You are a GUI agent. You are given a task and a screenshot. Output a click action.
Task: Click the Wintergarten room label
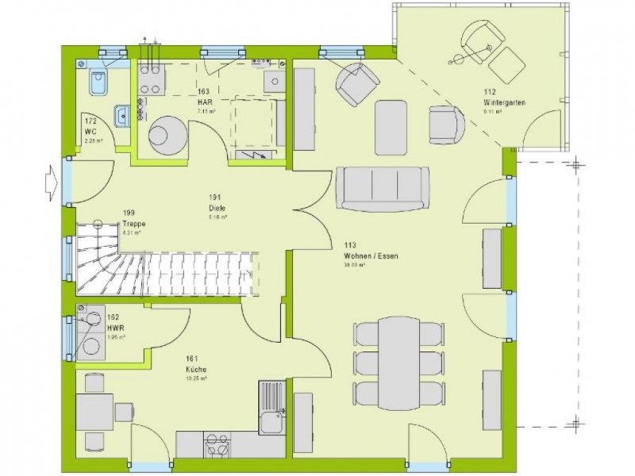tap(505, 102)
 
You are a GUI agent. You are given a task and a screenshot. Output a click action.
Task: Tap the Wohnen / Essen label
tap(371, 256)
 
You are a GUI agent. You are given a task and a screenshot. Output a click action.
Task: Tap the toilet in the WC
tap(99, 82)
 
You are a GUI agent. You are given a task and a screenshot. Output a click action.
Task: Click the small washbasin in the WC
tap(121, 117)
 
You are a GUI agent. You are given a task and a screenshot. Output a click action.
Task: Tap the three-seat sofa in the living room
tap(383, 187)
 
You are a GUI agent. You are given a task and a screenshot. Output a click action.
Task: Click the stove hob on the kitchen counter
tap(217, 443)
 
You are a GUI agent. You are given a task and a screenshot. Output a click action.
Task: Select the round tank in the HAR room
tap(167, 134)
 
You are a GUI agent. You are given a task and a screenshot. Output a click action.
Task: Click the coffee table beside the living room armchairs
tap(391, 127)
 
